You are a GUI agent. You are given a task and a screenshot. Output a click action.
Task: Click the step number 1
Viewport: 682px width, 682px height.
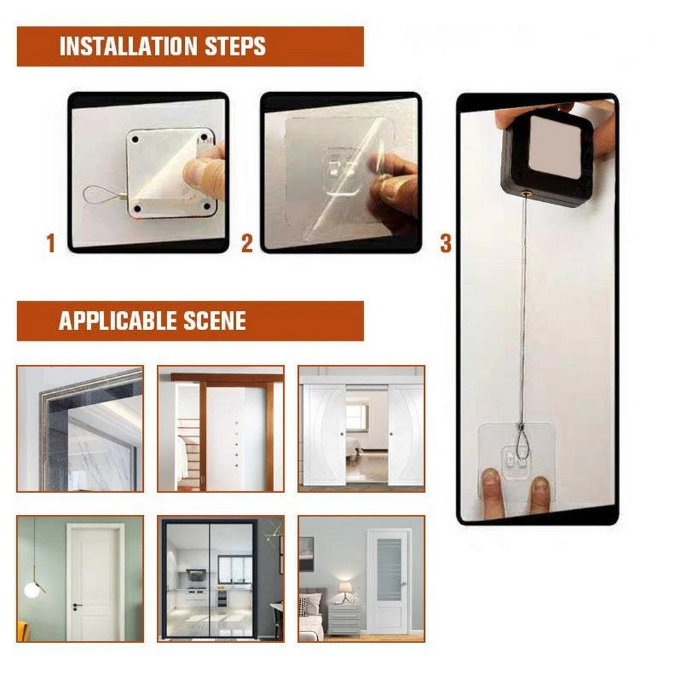point(50,243)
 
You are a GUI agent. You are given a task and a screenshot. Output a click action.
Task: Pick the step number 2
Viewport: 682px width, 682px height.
point(247,243)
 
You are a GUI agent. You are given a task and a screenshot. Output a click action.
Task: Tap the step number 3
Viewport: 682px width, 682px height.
point(445,243)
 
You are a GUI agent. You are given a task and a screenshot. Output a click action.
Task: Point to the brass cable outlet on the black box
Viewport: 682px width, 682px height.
point(526,192)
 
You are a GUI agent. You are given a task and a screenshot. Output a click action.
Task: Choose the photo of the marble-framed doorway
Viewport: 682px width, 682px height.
point(80,428)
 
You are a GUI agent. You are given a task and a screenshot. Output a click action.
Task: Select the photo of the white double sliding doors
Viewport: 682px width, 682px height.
point(361,428)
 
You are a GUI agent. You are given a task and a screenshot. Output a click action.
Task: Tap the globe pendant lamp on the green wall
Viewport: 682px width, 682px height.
point(32,588)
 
